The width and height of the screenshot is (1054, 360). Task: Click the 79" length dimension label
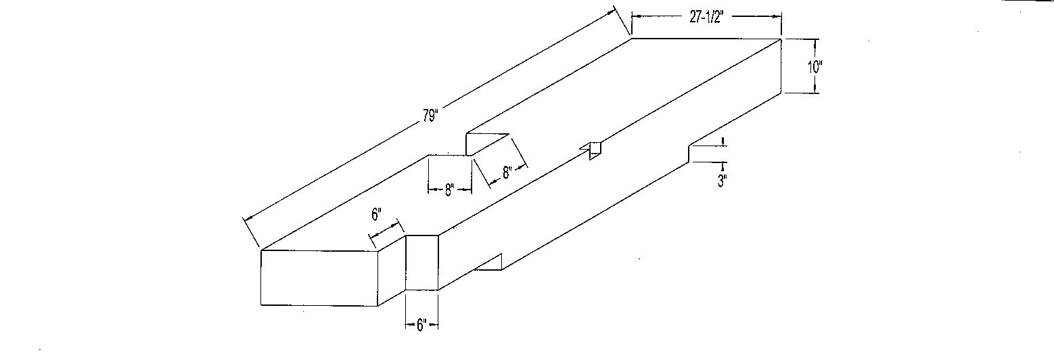tap(430, 115)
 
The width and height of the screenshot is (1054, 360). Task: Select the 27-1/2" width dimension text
tap(706, 18)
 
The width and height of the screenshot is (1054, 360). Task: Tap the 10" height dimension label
tap(815, 67)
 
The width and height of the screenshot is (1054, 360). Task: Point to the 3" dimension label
tap(723, 181)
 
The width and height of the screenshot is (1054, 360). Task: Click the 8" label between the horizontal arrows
tap(449, 190)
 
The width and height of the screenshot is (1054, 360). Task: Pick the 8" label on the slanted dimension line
tap(506, 173)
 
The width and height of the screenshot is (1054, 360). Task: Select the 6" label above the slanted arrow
tap(376, 215)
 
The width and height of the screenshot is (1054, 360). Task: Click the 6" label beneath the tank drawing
tap(421, 325)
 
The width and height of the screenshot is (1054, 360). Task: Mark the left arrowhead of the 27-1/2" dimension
tap(635, 16)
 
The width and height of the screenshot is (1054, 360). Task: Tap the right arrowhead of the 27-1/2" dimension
tap(777, 16)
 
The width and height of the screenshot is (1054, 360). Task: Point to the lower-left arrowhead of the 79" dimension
tap(248, 219)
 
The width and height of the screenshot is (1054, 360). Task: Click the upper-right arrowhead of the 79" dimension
tap(612, 11)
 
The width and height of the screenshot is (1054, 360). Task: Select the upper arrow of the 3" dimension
tap(723, 142)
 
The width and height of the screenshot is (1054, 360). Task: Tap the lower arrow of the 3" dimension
tap(723, 166)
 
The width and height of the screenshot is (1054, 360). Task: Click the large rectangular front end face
tap(319, 277)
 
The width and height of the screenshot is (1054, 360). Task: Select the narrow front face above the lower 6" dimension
tap(422, 263)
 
